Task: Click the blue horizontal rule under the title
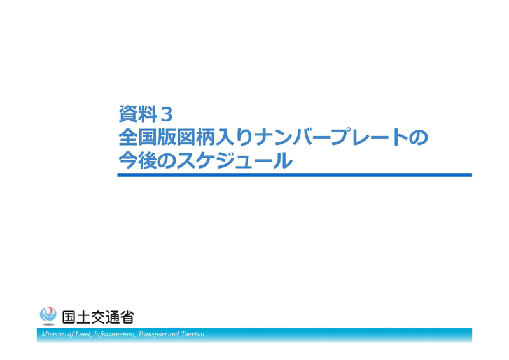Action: (294, 175)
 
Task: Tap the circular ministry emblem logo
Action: (48, 315)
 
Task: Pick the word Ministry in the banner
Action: (53, 335)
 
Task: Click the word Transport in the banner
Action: (153, 335)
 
